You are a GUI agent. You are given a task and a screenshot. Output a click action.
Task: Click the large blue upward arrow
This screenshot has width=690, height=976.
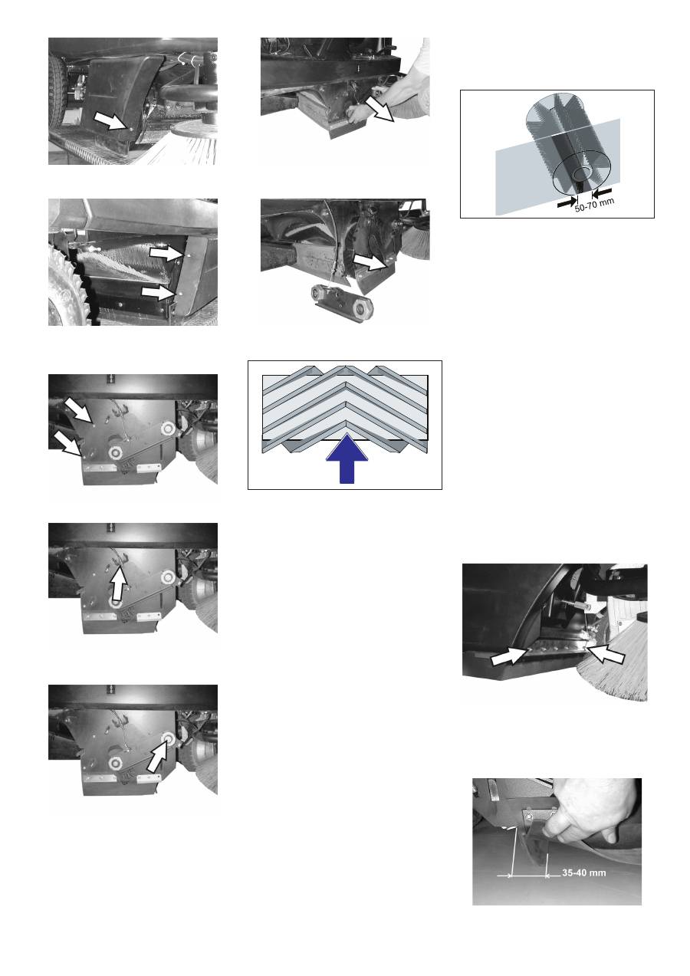pos(347,458)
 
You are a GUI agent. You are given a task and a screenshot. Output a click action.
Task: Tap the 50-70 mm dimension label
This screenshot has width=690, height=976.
pos(594,205)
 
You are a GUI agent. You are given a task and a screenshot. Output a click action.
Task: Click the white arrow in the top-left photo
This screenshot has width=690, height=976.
pos(112,120)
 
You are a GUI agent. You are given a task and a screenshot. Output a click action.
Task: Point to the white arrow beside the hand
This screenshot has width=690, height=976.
pos(379,109)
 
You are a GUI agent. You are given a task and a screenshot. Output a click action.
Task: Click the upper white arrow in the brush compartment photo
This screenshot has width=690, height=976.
pos(166,254)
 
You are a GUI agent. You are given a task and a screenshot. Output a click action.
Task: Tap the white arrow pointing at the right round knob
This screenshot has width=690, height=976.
pos(158,758)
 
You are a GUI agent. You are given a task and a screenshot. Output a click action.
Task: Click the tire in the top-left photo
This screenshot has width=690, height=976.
pos(57,92)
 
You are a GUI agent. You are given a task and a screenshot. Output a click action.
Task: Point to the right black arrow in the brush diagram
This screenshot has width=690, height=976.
pos(602,192)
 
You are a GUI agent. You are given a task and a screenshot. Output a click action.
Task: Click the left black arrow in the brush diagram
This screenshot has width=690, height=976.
pos(567,202)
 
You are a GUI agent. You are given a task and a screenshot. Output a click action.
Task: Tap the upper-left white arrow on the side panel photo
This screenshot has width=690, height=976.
pos(78,409)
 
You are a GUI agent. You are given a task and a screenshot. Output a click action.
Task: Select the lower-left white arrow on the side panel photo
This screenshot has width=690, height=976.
pos(68,444)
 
